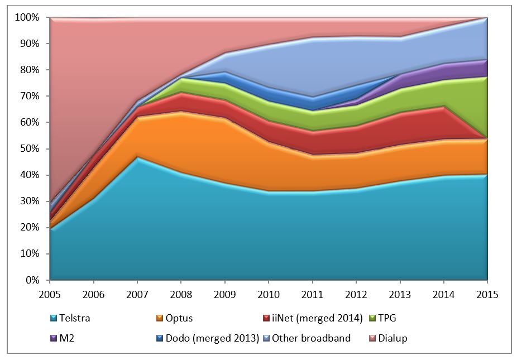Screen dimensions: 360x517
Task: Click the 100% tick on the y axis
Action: coord(27,18)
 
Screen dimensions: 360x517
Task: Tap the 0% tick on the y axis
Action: coord(31,280)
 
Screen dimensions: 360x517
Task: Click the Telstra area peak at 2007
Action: coord(137,158)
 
